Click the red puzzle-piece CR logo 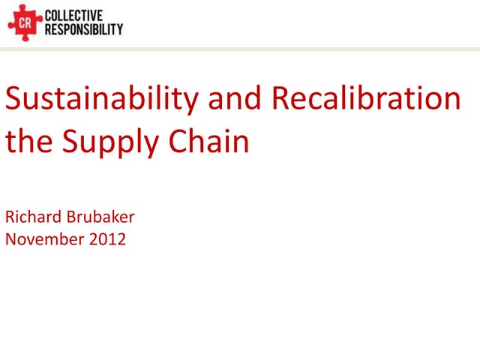coord(24,24)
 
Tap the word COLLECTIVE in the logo coord(74,16)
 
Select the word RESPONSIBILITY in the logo coord(84,30)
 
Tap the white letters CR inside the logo coord(24,25)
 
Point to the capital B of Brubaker coord(71,218)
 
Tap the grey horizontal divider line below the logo coord(240,49)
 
